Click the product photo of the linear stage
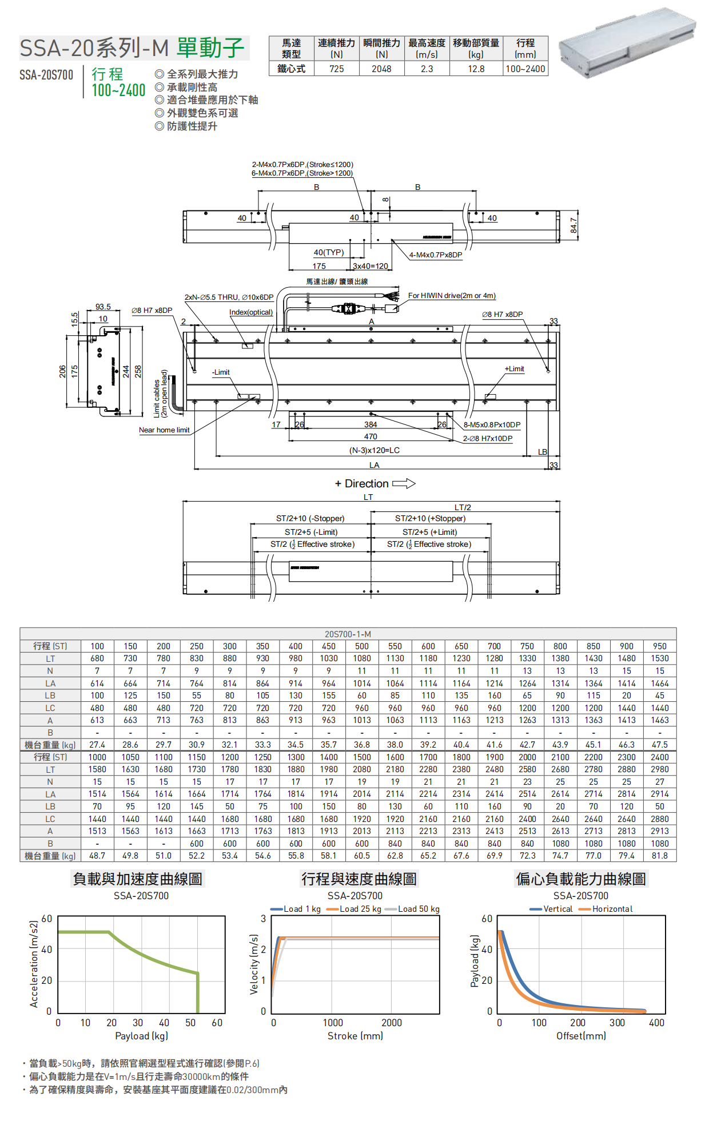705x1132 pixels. (627, 43)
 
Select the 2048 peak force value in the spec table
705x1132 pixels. (381, 69)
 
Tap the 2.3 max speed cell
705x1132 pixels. (427, 69)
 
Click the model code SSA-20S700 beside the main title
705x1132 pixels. (46, 75)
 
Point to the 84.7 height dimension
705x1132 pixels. (573, 225)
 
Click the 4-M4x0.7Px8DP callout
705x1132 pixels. (436, 255)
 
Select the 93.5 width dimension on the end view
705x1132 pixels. (103, 307)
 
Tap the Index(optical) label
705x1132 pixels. (251, 312)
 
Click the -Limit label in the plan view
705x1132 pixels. (221, 372)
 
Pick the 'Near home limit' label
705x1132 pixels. (164, 430)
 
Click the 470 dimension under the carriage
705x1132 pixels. (371, 436)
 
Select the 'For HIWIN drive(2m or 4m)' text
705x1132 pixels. (452, 296)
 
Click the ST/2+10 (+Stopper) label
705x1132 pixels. (430, 519)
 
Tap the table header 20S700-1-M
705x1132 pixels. (348, 634)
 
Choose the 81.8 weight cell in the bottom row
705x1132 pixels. (659, 856)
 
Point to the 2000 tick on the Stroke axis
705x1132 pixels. (391, 1023)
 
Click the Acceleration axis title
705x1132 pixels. (34, 964)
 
